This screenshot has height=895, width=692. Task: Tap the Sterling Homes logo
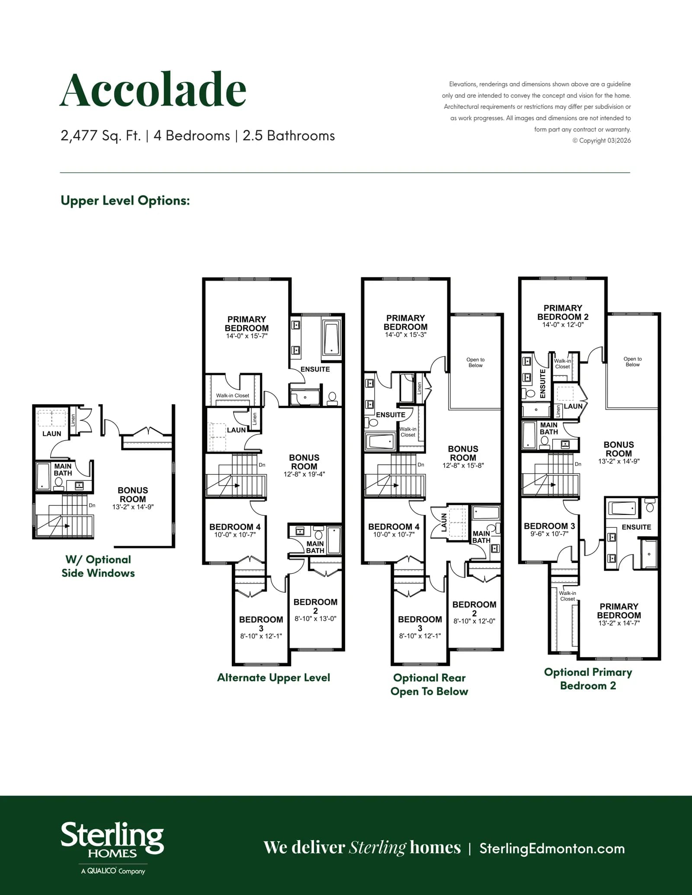112,848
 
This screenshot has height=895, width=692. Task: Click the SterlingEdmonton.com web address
552,848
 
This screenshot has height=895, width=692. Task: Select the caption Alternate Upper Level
273,678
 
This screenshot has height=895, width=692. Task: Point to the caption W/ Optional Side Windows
98,566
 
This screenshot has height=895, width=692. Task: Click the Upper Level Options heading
125,201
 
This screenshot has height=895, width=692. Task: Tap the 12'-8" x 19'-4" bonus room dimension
304,474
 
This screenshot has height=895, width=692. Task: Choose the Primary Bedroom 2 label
563,312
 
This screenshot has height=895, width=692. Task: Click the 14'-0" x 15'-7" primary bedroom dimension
247,336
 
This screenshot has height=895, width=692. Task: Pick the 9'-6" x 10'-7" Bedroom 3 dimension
549,534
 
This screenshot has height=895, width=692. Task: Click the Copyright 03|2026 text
602,141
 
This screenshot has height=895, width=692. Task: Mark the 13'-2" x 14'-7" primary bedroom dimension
619,623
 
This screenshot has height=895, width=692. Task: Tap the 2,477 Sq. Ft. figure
101,136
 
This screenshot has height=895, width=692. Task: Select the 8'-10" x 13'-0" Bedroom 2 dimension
315,619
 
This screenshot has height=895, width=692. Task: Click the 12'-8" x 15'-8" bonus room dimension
463,465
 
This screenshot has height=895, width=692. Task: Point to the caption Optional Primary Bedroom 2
588,678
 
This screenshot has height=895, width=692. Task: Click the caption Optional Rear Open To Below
429,684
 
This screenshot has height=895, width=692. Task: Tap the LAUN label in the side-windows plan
51,434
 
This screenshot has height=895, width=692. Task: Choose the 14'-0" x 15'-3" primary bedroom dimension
405,335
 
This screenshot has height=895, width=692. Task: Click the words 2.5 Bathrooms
288,136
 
